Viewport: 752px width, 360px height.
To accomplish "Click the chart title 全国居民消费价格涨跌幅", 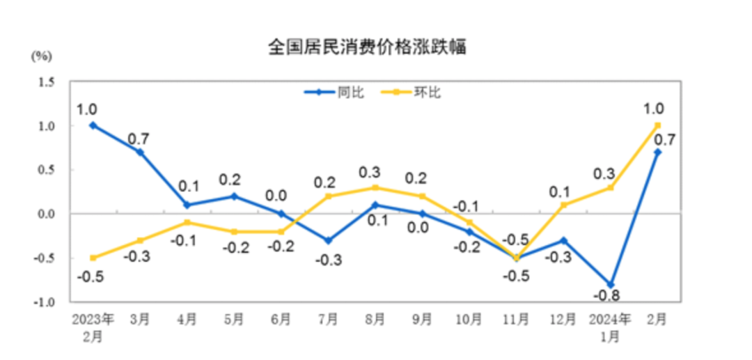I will coord(367,47).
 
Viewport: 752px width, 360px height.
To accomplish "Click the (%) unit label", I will coord(41,56).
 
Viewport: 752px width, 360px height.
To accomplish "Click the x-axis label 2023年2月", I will coord(93,327).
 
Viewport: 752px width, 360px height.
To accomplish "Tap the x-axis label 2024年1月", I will coord(610,327).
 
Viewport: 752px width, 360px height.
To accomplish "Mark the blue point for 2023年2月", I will coord(93,125).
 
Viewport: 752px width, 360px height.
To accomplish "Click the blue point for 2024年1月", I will coord(610,284).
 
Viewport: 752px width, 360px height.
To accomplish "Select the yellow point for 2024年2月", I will coord(657,125).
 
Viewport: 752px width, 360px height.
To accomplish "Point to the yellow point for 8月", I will coord(375,187).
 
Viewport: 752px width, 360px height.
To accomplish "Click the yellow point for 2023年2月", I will coord(93,258).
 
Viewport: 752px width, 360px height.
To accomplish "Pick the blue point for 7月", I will coord(327,240).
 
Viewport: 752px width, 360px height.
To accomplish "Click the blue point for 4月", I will coord(187,205).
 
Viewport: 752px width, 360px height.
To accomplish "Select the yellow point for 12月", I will coord(563,205).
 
